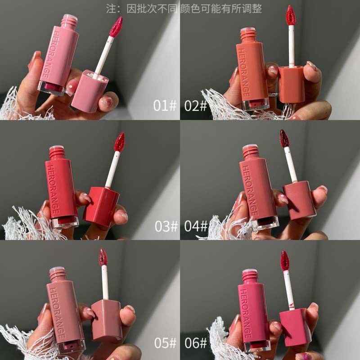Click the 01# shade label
[164, 106]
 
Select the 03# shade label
[164, 226]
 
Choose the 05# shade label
[164, 344]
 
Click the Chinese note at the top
[180, 8]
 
